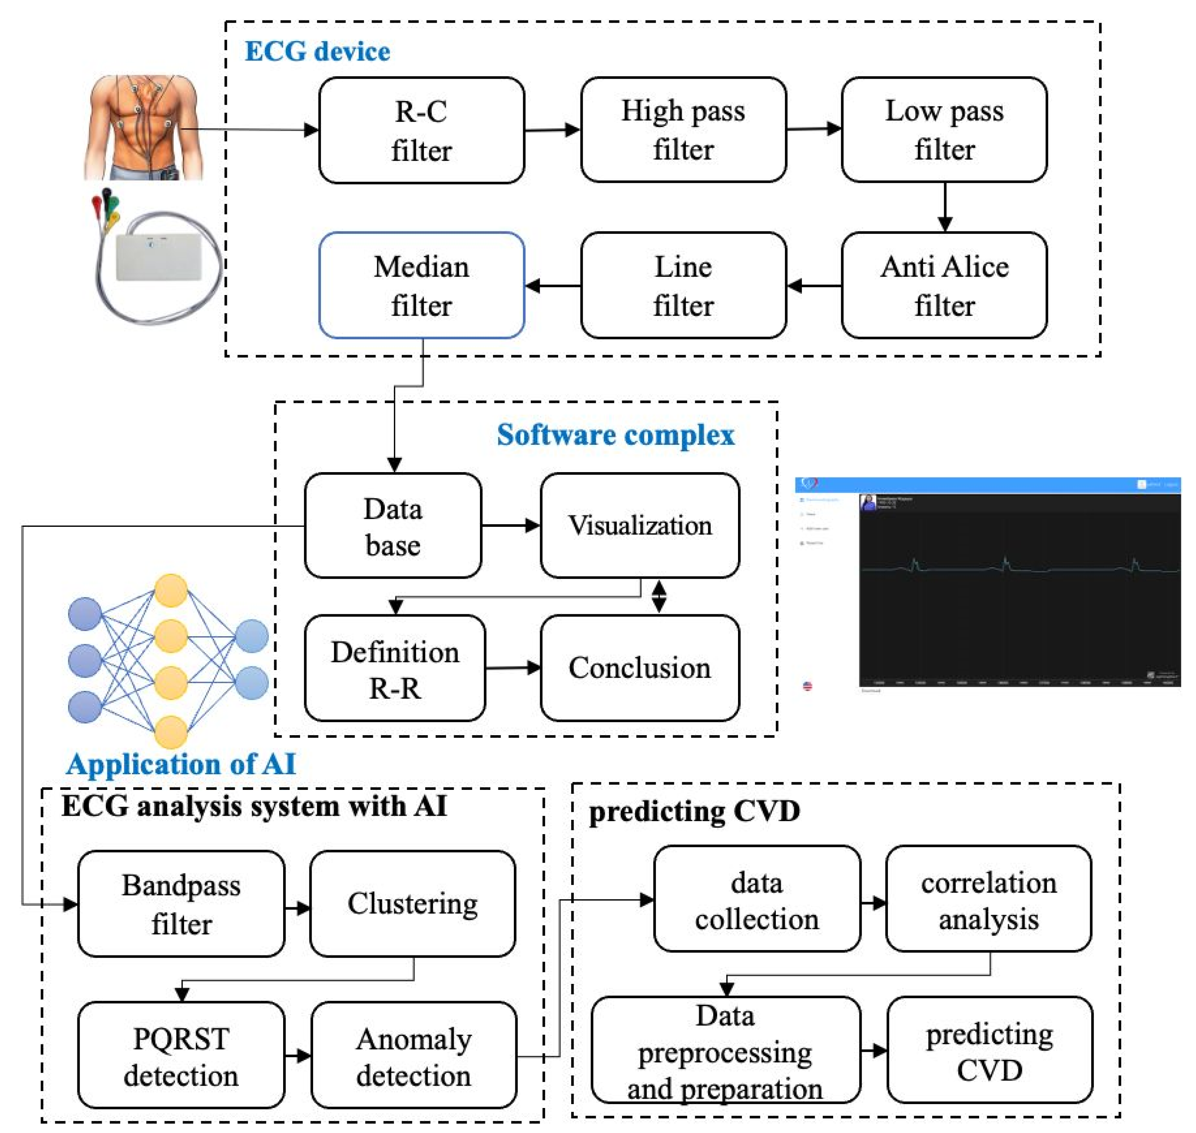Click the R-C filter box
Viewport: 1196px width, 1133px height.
[421, 131]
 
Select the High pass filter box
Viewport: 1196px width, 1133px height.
[683, 130]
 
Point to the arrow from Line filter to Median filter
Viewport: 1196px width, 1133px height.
[552, 286]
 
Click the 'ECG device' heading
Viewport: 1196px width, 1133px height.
[317, 51]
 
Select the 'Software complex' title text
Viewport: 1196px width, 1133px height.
[616, 435]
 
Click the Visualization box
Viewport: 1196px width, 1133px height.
[640, 525]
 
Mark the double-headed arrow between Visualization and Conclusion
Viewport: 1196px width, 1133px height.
[659, 597]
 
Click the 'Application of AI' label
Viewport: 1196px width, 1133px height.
[181, 764]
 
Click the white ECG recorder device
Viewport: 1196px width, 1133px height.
[158, 256]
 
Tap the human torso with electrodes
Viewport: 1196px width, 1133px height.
[143, 127]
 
